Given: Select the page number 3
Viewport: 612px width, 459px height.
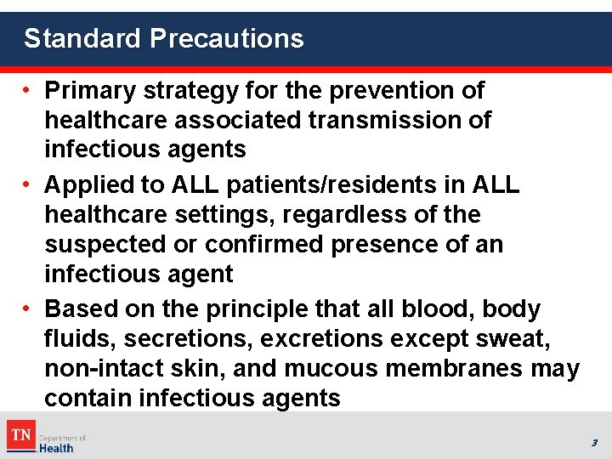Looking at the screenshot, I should pos(594,443).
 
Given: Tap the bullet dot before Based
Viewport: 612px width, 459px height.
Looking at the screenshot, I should pos(28,309).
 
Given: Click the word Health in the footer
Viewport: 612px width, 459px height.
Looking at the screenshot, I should pos(58,447).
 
